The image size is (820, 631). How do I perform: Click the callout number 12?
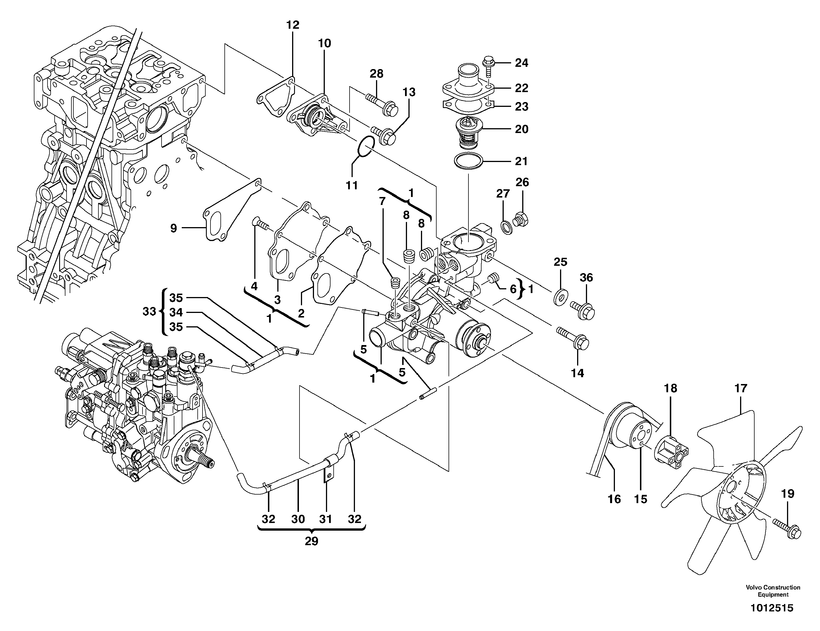293,25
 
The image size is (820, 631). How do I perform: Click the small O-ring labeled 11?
366,147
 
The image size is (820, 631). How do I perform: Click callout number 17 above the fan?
741,388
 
